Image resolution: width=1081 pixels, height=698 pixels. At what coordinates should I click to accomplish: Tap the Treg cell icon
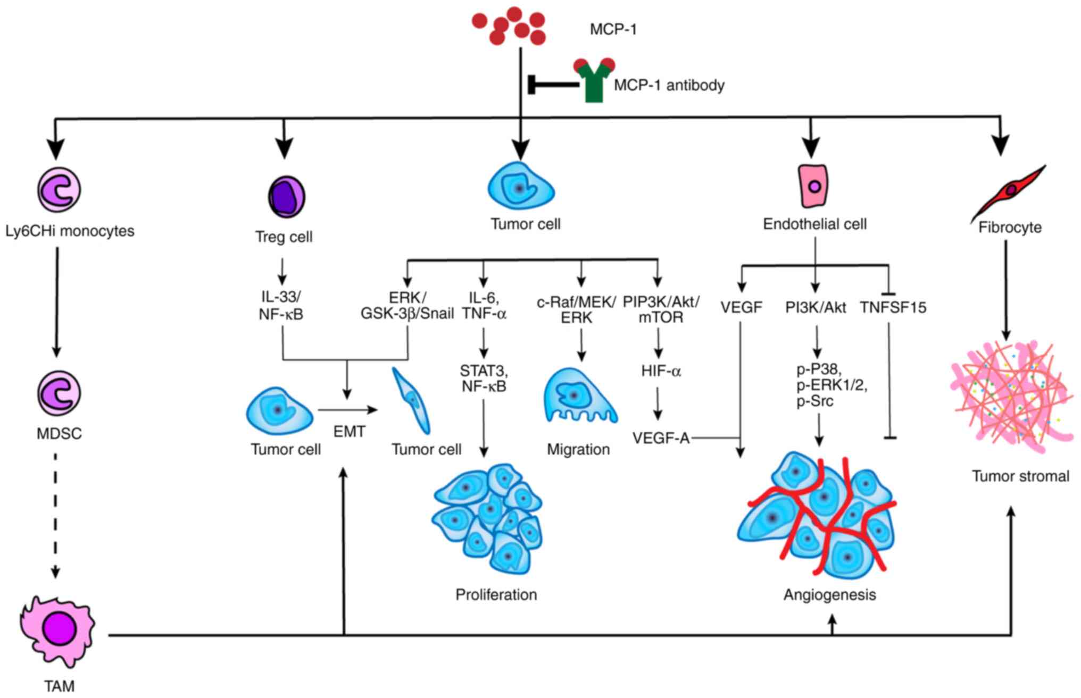[286, 197]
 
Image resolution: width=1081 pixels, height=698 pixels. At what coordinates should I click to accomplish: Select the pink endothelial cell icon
[814, 186]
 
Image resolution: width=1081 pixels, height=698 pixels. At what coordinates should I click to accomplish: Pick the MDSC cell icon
[59, 393]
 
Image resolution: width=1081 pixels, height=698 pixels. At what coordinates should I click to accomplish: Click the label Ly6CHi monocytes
[70, 231]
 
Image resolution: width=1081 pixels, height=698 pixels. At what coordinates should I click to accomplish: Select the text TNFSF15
[893, 307]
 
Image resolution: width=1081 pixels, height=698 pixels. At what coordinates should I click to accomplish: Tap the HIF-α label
[661, 371]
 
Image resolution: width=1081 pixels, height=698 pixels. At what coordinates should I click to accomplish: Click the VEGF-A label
[661, 438]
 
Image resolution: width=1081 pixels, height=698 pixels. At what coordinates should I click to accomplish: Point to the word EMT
[349, 431]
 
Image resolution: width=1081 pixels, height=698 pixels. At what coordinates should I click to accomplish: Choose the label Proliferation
[496, 594]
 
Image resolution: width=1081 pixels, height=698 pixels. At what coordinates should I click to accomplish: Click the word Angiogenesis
[829, 594]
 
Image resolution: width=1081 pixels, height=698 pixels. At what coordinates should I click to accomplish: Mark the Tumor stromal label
[1020, 476]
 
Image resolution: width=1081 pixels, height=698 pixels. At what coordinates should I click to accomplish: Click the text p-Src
[814, 401]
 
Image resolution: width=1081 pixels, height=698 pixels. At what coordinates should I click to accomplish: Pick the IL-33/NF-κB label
[281, 306]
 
